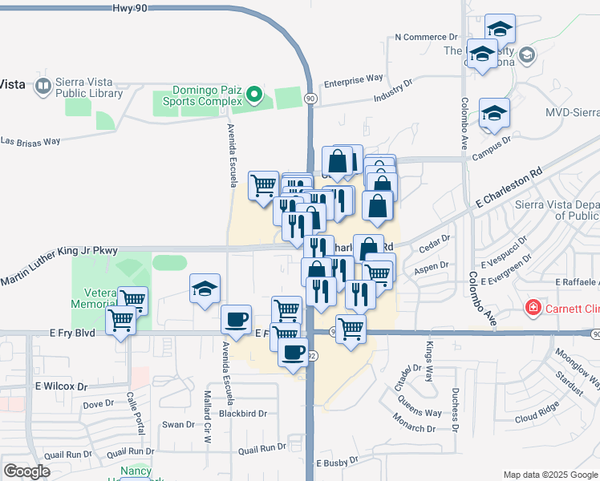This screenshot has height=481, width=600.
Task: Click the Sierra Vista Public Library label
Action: pos(89,87)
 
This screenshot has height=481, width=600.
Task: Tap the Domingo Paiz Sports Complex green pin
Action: pos(254,95)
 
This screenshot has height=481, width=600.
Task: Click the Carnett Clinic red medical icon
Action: pos(532,308)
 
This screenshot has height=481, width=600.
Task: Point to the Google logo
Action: pos(27,471)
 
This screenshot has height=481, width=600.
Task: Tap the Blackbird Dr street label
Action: pos(241,414)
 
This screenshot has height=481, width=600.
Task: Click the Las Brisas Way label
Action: pos(30,141)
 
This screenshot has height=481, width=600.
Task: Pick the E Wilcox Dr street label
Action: pos(61,386)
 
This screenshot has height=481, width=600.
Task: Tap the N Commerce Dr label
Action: pos(426,38)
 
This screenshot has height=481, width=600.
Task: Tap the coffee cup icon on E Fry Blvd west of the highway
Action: pos(236,319)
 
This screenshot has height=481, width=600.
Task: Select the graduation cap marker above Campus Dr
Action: pos(494,114)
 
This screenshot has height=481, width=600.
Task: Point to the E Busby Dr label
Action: pos(341,463)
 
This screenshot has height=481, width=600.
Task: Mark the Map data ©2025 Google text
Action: pos(549,474)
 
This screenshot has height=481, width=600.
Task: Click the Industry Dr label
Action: pos(392,89)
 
